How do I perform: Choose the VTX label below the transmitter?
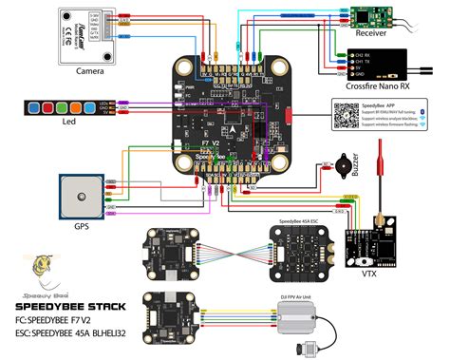[367, 272]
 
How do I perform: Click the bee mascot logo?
[42, 269]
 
